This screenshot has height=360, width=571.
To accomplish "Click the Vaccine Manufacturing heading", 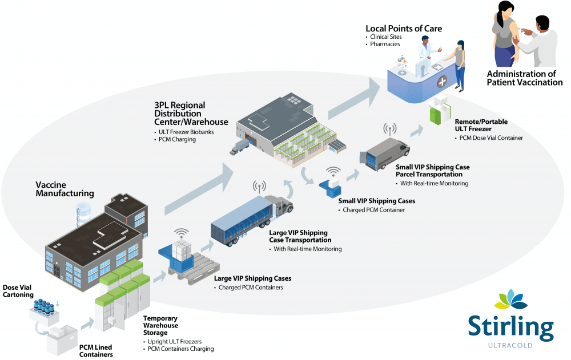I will pyautogui.click(x=65, y=189).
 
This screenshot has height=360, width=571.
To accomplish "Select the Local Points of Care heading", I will pyautogui.click(x=403, y=29).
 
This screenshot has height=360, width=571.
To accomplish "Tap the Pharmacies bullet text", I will pyautogui.click(x=385, y=44).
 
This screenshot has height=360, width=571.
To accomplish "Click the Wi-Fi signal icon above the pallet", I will pyautogui.click(x=182, y=234).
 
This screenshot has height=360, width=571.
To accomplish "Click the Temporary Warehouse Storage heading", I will pyautogui.click(x=160, y=325).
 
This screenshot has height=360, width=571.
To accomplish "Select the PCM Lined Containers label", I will pyautogui.click(x=96, y=351).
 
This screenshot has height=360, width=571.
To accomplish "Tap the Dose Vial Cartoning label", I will pyautogui.click(x=18, y=291).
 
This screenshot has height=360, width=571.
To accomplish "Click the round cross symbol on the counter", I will pyautogui.click(x=442, y=83).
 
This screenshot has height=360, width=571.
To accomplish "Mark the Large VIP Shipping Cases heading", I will pyautogui.click(x=252, y=278).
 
